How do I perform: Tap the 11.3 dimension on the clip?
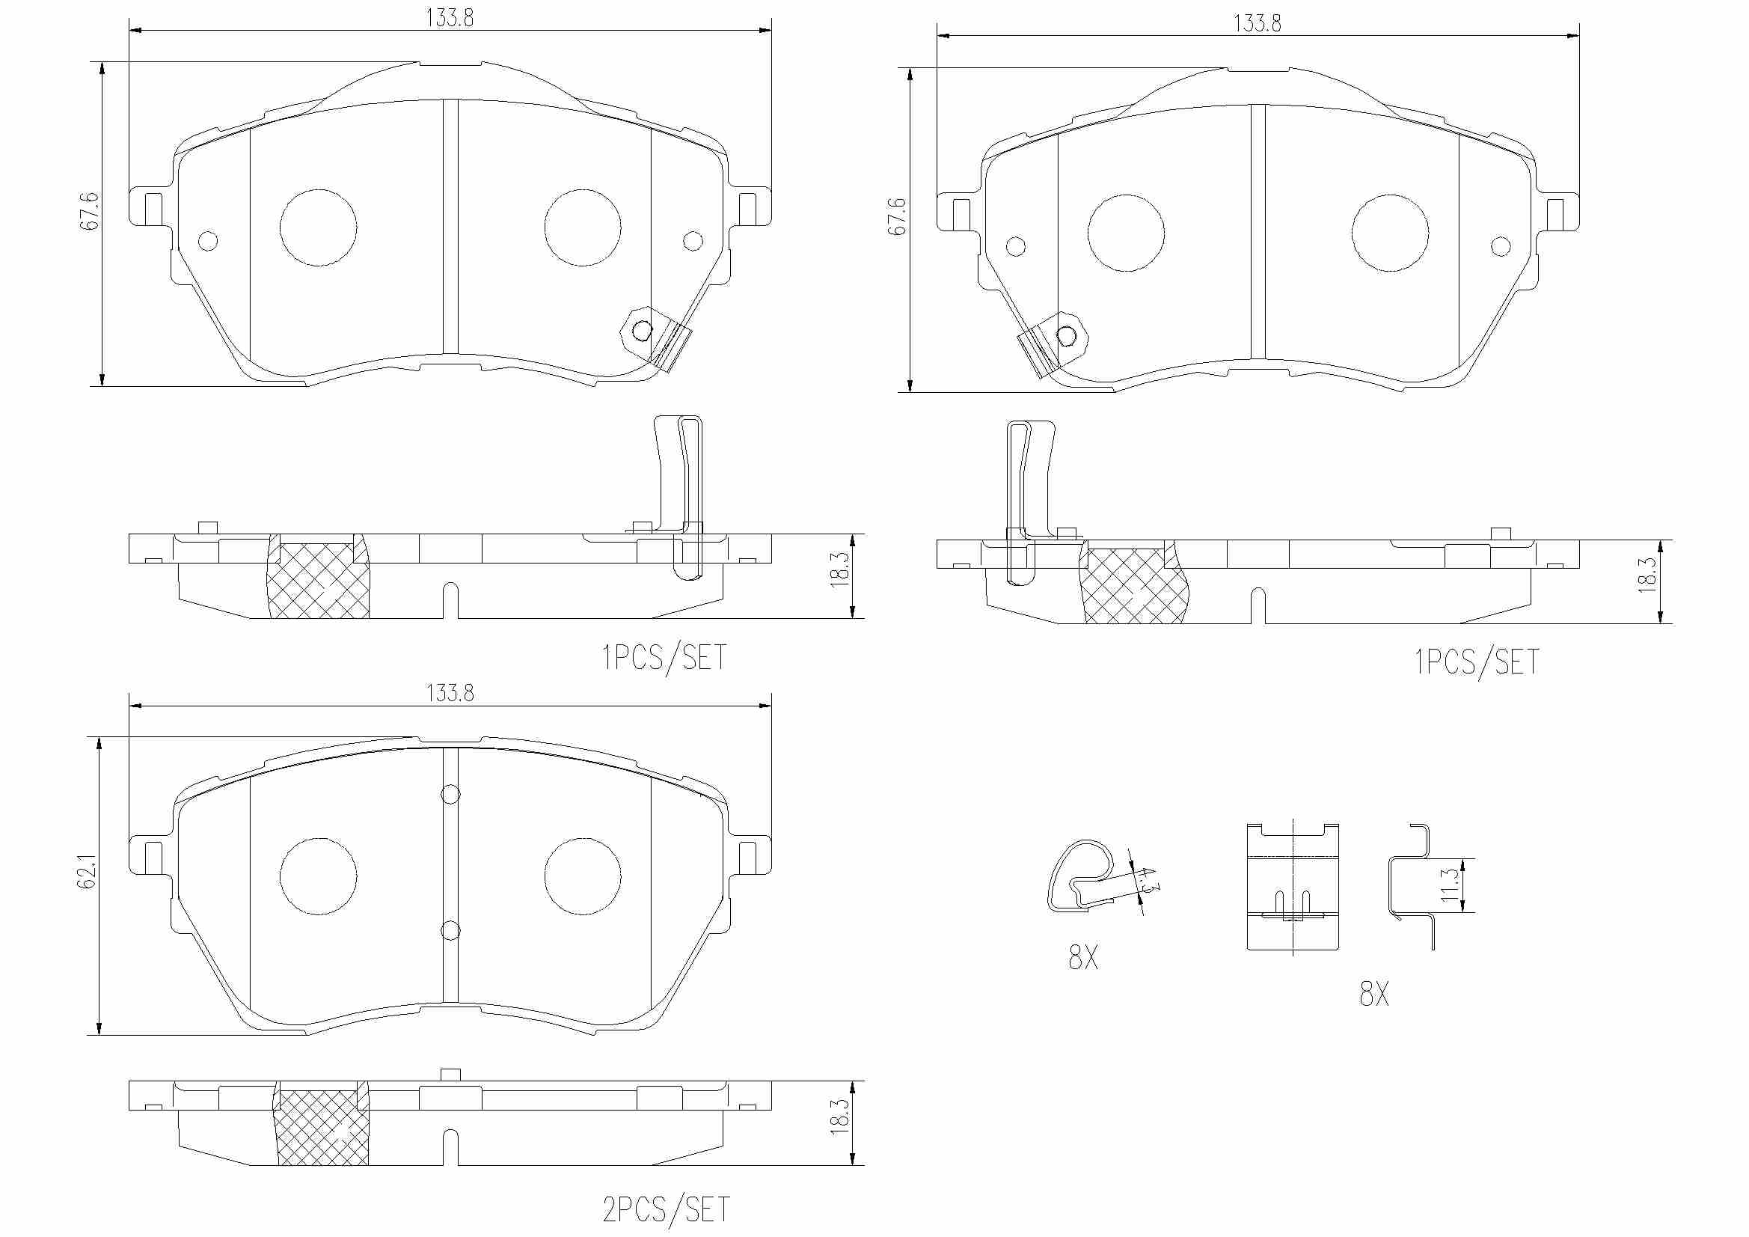(x=1450, y=885)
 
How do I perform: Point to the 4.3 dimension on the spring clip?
(x=1149, y=879)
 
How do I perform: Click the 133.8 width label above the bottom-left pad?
(x=450, y=693)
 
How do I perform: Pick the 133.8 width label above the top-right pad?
(x=1257, y=23)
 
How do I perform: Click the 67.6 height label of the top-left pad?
(x=89, y=211)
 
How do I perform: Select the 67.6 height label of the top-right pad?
(x=898, y=216)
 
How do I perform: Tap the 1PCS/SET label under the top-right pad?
(x=1477, y=662)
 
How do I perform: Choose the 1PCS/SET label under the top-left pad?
(x=665, y=657)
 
